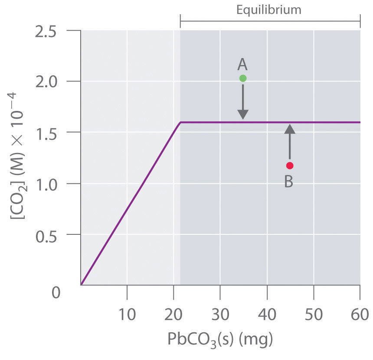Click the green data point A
pos(243,78)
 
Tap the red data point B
pos(290,165)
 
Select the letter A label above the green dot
pos(242,65)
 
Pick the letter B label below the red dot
pos(289,182)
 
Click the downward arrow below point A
pos(243,102)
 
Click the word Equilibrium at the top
pos(269,10)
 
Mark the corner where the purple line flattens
pos(180,123)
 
